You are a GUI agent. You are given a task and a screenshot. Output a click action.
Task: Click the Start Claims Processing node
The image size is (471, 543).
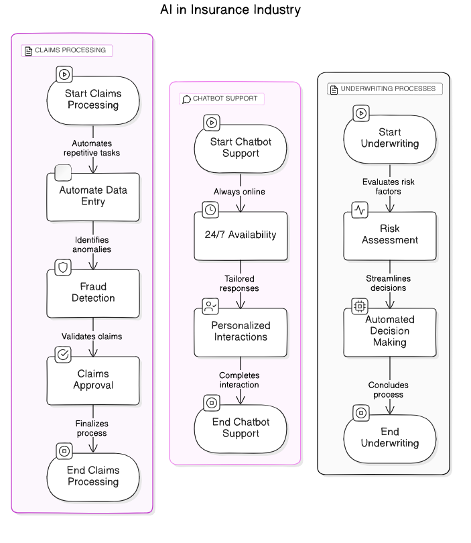pyautogui.click(x=93, y=100)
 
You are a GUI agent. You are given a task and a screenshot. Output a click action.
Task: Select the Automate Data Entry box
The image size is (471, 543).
pyautogui.click(x=93, y=196)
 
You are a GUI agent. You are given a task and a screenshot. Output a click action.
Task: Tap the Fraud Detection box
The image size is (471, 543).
pyautogui.click(x=93, y=293)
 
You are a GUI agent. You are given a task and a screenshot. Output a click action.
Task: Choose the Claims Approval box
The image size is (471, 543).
pyautogui.click(x=93, y=380)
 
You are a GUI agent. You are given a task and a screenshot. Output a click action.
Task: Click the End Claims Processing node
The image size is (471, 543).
pyautogui.click(x=93, y=477)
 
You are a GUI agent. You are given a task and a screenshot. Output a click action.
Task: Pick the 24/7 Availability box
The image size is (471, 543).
pyautogui.click(x=241, y=235)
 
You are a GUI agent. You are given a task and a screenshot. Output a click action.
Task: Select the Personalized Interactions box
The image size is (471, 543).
pyautogui.click(x=241, y=331)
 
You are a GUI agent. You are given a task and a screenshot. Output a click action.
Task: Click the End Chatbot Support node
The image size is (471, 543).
pyautogui.click(x=241, y=428)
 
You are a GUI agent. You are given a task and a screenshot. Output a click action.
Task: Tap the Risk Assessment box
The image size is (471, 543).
pyautogui.click(x=390, y=235)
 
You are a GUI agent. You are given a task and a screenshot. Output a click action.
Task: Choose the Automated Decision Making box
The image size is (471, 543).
pyautogui.click(x=390, y=331)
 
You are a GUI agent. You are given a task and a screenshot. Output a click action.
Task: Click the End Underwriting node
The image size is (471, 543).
pyautogui.click(x=390, y=438)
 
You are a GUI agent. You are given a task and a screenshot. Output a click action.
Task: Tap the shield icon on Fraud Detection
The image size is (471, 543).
pyautogui.click(x=64, y=267)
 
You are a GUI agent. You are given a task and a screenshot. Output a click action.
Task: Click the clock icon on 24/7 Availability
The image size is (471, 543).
pyautogui.click(x=210, y=210)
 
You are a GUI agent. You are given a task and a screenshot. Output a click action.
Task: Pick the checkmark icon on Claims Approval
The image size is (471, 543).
pyautogui.click(x=64, y=355)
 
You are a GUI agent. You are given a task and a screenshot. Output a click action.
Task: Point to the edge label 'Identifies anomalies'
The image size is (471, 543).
pyautogui.click(x=92, y=245)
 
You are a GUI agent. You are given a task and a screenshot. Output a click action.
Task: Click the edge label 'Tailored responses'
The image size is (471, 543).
pyautogui.click(x=240, y=284)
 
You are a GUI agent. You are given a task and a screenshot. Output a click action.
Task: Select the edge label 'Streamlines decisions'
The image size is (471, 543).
pyautogui.click(x=389, y=283)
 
